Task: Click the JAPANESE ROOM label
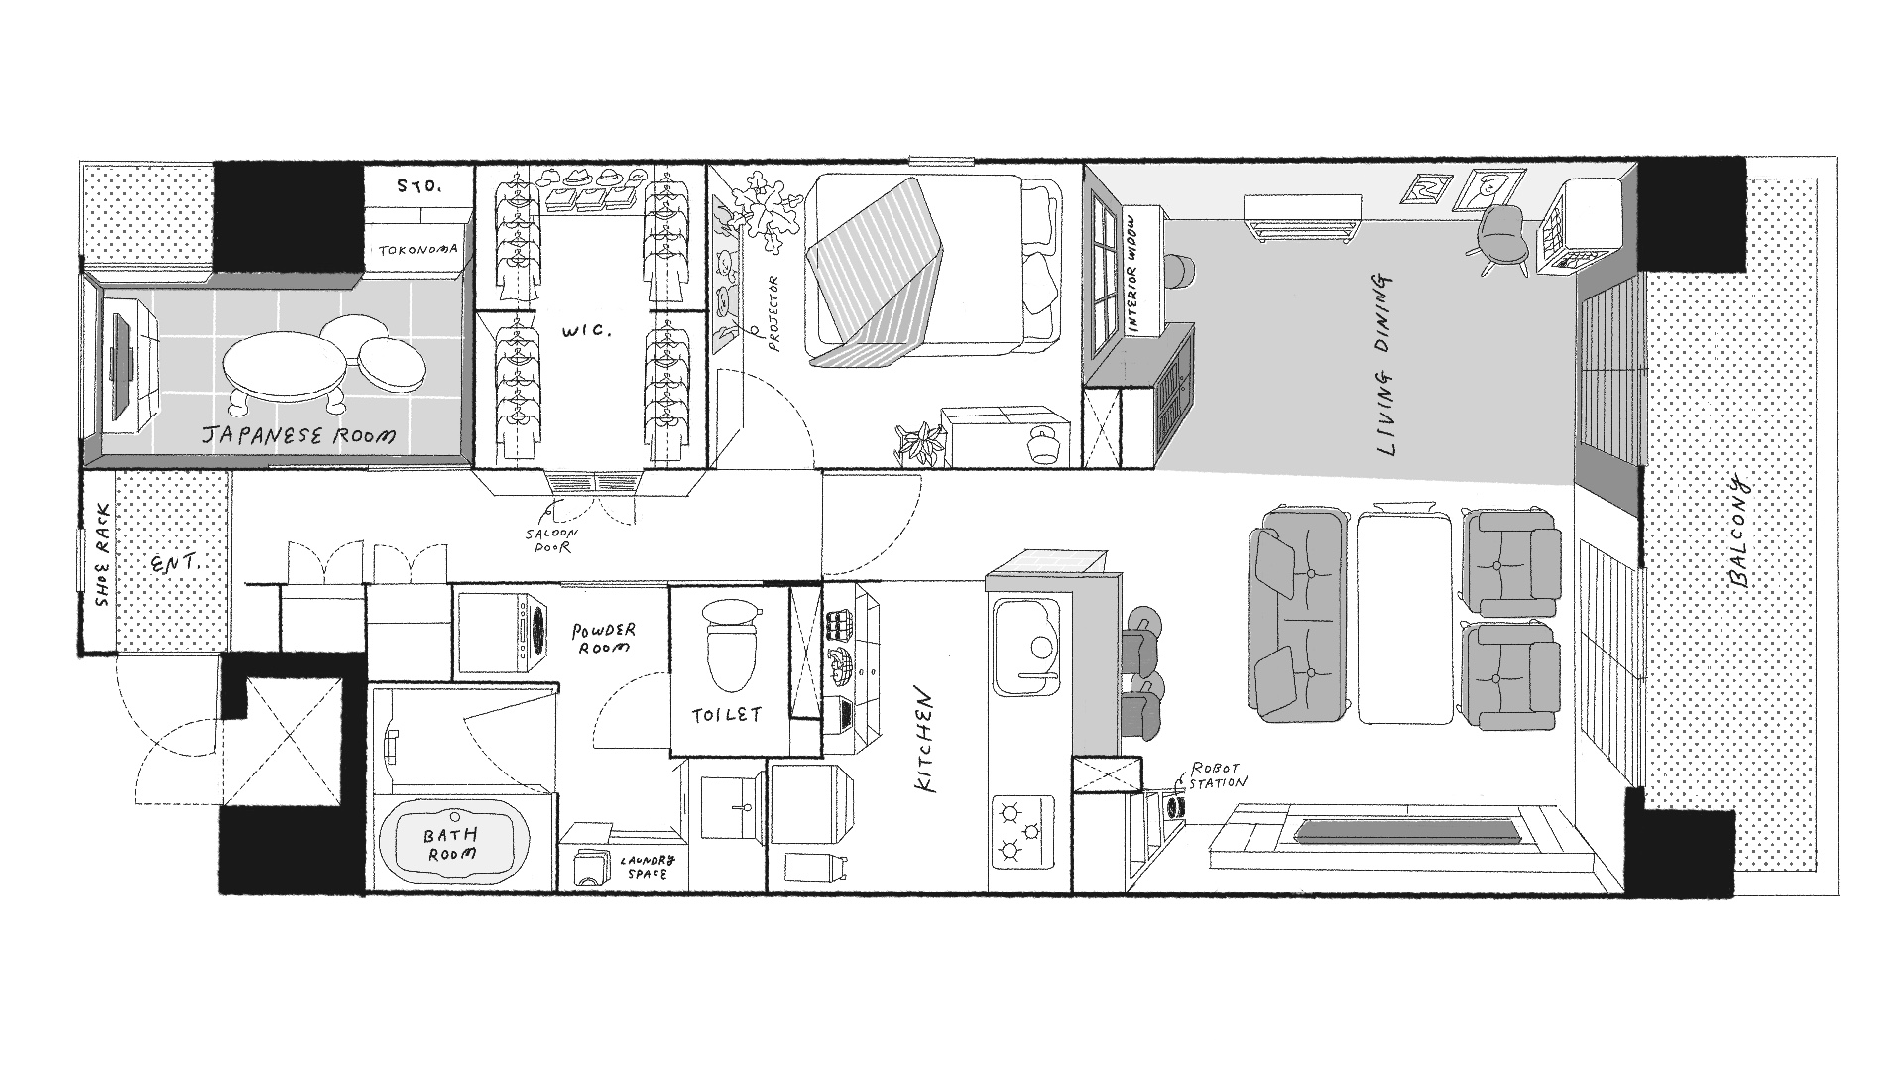(298, 434)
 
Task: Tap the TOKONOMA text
(417, 250)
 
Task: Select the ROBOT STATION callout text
(1218, 774)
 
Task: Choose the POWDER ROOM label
(604, 638)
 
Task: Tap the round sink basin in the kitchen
(1040, 648)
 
